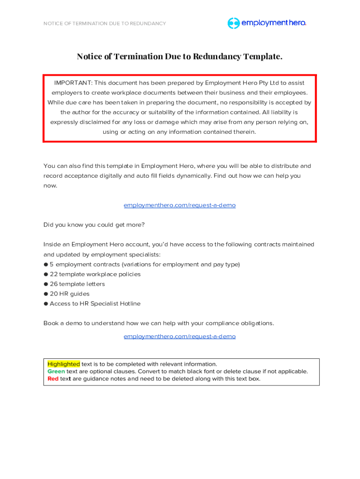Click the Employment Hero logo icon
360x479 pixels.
233,23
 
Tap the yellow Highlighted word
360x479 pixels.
64,364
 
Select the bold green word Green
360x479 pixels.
56,371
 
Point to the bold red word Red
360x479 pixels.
53,379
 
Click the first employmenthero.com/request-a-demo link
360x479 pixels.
180,205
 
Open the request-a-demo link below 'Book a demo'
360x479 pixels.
180,336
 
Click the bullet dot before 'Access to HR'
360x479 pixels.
46,304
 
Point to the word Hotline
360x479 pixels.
129,304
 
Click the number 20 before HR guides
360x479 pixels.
53,294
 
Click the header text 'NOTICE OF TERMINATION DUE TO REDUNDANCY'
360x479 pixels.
104,23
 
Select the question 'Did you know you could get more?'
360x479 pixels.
94,225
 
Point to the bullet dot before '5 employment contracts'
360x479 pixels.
46,264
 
